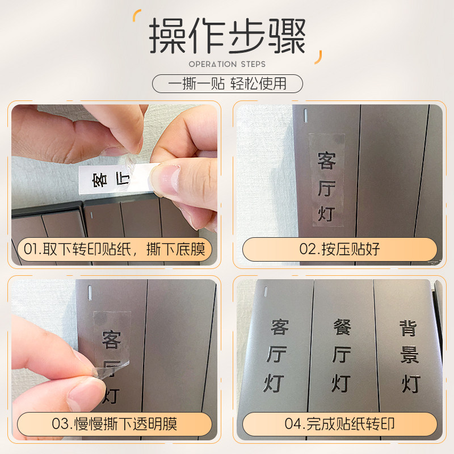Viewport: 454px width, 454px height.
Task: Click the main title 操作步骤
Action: (x=227, y=37)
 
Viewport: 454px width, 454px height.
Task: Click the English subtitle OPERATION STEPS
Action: (x=227, y=64)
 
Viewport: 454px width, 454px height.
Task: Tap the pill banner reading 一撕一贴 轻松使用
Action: (x=227, y=84)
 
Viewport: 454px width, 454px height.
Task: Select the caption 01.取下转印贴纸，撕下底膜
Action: (x=113, y=249)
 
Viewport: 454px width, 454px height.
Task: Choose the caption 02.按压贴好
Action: (x=340, y=249)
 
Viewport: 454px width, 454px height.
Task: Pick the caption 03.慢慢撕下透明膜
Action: (x=113, y=424)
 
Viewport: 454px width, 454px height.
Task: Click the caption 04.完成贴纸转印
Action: (x=340, y=424)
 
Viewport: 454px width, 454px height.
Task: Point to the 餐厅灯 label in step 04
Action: (x=341, y=355)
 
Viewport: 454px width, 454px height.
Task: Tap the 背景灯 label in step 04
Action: (x=409, y=355)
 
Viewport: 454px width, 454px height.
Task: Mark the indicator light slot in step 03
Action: (x=89, y=292)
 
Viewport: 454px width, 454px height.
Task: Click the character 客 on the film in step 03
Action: (x=111, y=340)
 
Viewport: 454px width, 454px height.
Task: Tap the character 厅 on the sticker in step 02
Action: (x=326, y=187)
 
